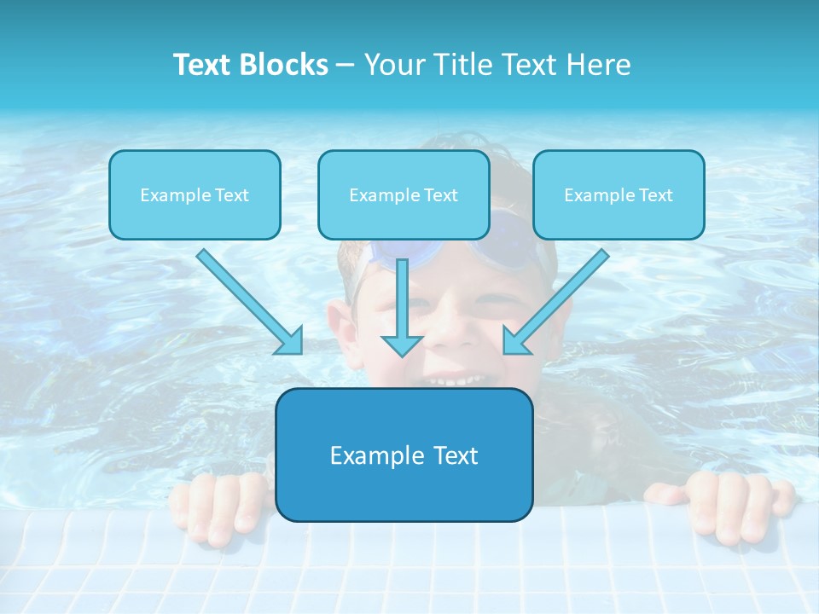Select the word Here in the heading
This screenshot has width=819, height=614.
coord(598,65)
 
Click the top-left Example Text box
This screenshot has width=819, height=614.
coord(195,195)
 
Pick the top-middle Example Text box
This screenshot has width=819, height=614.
coord(404,195)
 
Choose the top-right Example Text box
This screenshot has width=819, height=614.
coord(619,195)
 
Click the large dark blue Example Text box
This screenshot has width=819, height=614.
coord(404,455)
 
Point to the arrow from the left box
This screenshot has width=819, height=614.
coord(251,302)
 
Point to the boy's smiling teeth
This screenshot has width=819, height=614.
coord(454,380)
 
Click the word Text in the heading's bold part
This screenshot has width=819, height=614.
coord(203,65)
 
